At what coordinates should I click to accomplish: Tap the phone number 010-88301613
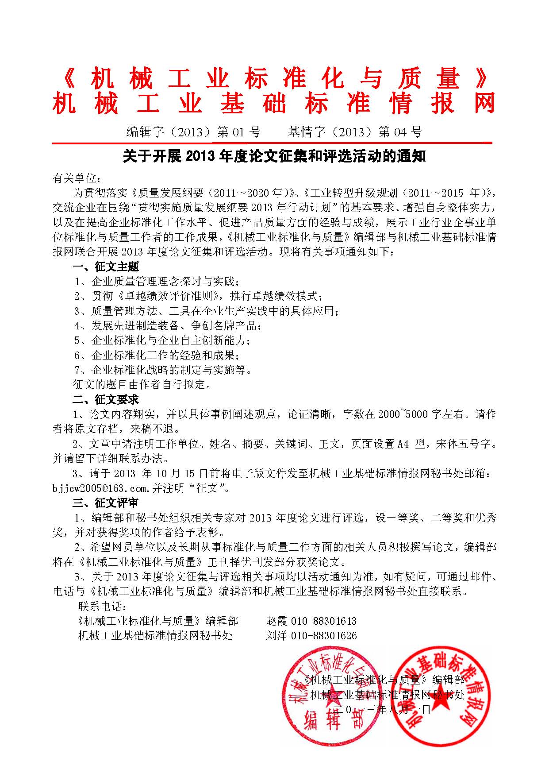[x=323, y=621]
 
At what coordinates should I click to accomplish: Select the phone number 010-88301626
[x=323, y=636]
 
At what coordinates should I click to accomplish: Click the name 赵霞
[x=277, y=621]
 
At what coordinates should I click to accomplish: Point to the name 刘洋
[x=277, y=636]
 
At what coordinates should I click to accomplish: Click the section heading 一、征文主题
[x=106, y=267]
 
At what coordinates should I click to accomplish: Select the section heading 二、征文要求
[x=106, y=400]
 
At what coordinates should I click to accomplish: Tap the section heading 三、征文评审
[x=106, y=503]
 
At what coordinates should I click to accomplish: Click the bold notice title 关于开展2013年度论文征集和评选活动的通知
[x=274, y=156]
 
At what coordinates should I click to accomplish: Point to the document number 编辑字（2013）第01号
[x=193, y=132]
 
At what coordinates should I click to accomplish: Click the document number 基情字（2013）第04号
[x=355, y=132]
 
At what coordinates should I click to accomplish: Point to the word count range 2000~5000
[x=403, y=414]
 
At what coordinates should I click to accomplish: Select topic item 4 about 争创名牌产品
[x=168, y=326]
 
